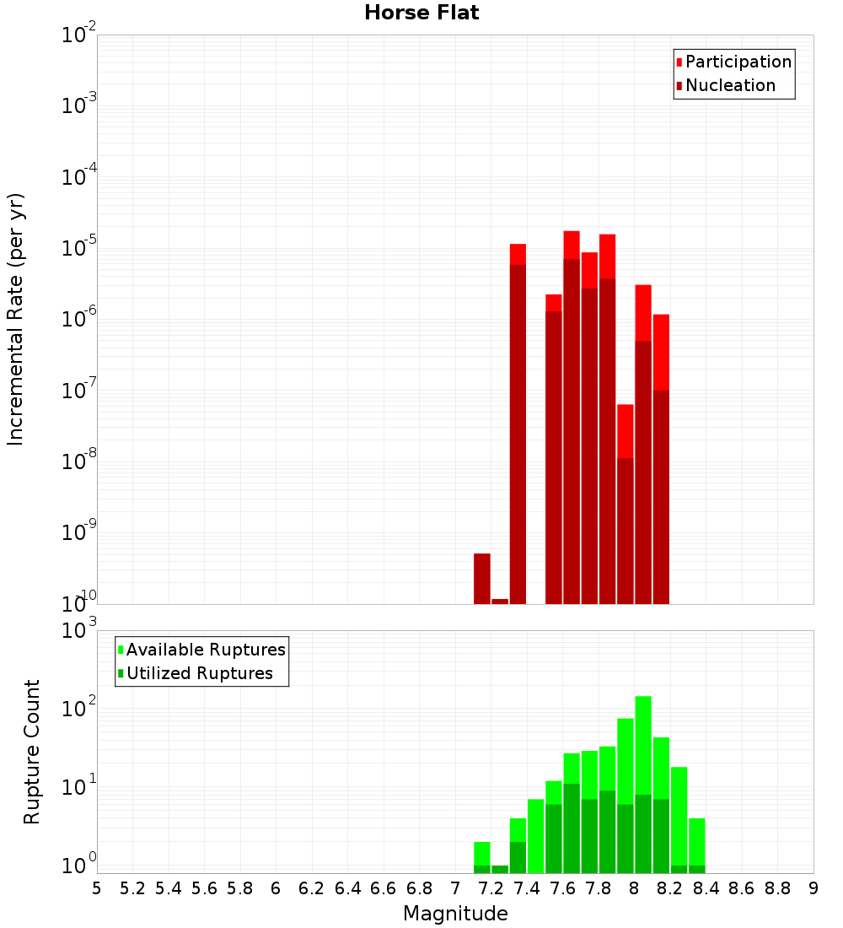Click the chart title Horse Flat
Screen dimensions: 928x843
pyautogui.click(x=421, y=13)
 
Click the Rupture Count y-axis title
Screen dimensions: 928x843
pyautogui.click(x=32, y=752)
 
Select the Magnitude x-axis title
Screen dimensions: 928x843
pyautogui.click(x=455, y=914)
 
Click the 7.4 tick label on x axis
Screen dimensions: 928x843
pyautogui.click(x=527, y=888)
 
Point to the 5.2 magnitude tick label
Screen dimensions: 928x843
pyautogui.click(x=132, y=888)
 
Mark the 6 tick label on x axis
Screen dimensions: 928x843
pyautogui.click(x=276, y=888)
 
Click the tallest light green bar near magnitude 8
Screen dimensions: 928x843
pyautogui.click(x=643, y=742)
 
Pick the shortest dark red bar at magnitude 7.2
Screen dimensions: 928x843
pyautogui.click(x=500, y=602)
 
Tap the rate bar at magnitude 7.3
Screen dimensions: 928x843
pyautogui.click(x=518, y=422)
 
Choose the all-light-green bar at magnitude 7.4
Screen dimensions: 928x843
pyautogui.click(x=535, y=835)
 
